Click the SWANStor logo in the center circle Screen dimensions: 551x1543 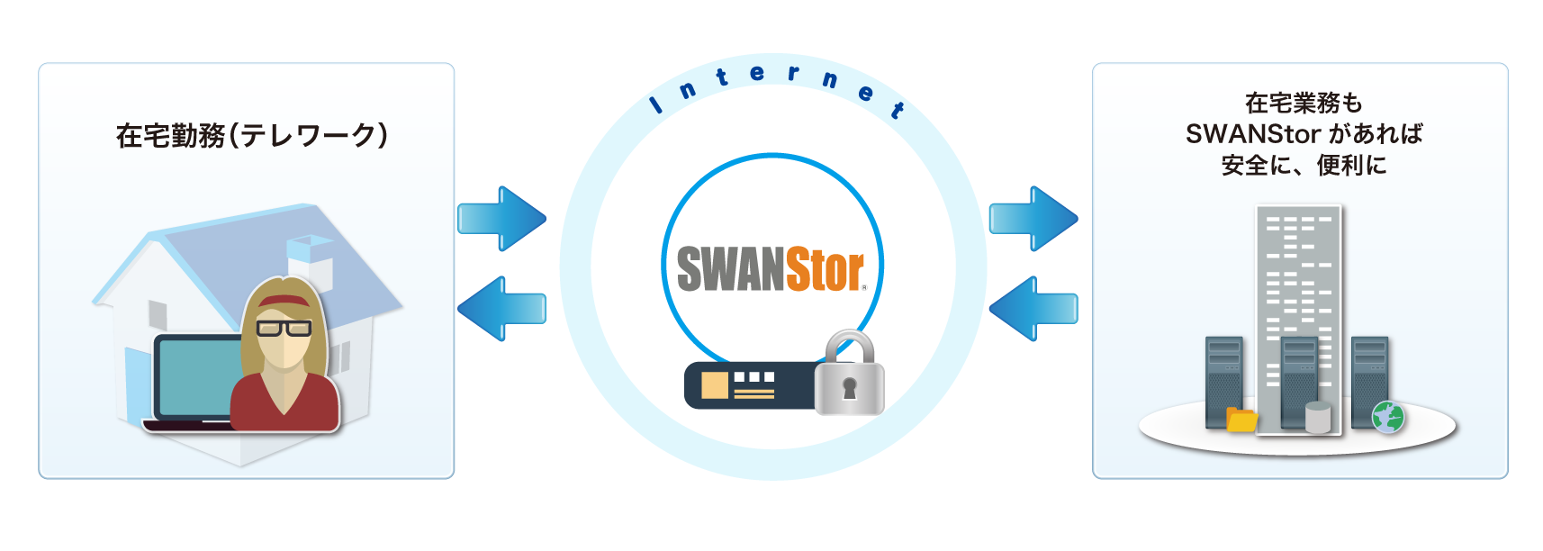pyautogui.click(x=771, y=269)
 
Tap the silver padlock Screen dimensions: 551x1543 pyautogui.click(x=849, y=375)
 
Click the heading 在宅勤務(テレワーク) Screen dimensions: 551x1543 pyautogui.click(x=252, y=136)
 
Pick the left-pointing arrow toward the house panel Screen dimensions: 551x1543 pyautogui.click(x=501, y=308)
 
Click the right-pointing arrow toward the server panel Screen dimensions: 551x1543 pyautogui.click(x=1033, y=218)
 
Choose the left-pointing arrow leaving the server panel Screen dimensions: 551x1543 pyautogui.click(x=1033, y=308)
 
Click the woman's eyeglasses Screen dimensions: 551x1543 pyautogui.click(x=284, y=327)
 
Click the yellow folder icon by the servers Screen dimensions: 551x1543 pyautogui.click(x=1241, y=420)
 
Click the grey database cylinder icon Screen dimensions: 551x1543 pyautogui.click(x=1318, y=417)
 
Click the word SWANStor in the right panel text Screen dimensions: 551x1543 pyautogui.click(x=1252, y=134)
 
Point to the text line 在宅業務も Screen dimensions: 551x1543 pyautogui.click(x=1304, y=103)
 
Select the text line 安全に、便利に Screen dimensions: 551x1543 pyautogui.click(x=1304, y=166)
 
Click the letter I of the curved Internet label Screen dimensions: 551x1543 pyautogui.click(x=657, y=104)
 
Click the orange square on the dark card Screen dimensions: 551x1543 pyautogui.click(x=714, y=384)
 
